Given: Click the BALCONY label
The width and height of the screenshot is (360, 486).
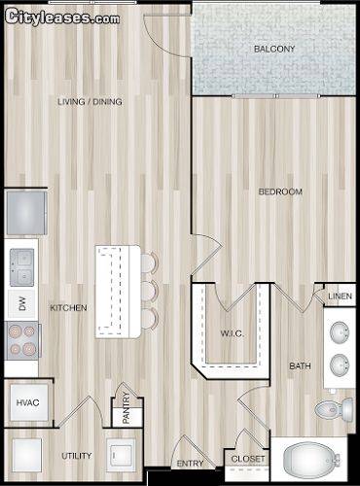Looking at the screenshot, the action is [274, 49].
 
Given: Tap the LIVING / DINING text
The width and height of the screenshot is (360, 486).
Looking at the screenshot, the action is [90, 102].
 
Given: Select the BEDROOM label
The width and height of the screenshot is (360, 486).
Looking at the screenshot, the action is [280, 191].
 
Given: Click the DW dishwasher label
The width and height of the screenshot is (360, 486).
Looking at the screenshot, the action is [21, 304].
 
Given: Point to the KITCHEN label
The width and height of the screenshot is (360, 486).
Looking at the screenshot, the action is [68, 307].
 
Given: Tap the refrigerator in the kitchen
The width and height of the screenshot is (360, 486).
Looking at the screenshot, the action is [26, 213].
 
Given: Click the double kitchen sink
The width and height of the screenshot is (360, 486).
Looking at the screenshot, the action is [21, 267].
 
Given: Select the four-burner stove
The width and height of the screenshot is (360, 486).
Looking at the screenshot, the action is [22, 340].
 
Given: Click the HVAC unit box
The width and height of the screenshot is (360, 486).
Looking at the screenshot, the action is [28, 402].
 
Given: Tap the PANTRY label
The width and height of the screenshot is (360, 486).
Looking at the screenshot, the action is [126, 408].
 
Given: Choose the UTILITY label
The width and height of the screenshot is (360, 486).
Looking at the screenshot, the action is [77, 456].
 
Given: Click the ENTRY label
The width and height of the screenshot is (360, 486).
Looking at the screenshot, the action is [190, 464].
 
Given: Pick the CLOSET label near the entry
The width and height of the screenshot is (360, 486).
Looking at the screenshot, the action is [248, 459].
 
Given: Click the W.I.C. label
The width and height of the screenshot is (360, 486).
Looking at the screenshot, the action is [232, 333].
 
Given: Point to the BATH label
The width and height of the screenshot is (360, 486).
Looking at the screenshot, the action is [300, 366].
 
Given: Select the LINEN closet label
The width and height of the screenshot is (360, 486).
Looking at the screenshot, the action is [340, 296].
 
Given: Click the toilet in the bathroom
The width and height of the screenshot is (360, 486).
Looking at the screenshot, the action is [334, 409].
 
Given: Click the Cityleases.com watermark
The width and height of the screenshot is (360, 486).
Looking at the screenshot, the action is [62, 17].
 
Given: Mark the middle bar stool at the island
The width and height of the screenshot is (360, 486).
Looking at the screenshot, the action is [149, 292].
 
